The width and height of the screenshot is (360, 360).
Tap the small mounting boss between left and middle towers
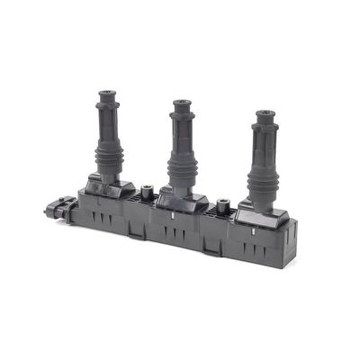tap(144, 192)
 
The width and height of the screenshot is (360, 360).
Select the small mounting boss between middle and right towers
tap(221, 205)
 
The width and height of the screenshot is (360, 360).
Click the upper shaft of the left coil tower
tap(107, 121)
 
